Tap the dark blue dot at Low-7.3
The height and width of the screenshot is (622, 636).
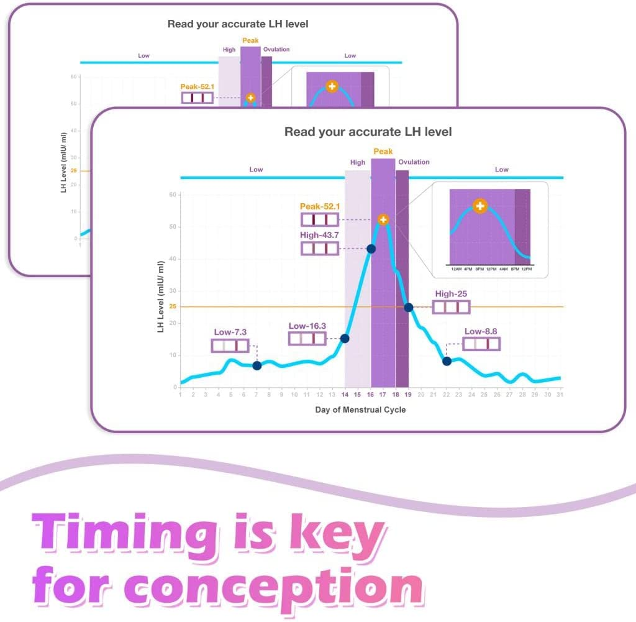tap(257, 365)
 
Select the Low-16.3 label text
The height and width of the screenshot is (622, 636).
tap(307, 326)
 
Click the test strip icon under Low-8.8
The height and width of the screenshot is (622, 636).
tap(481, 344)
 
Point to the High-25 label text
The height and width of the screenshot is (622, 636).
tap(451, 294)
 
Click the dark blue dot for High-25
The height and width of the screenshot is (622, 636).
tap(408, 307)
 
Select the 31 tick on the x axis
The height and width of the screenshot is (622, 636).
tap(560, 395)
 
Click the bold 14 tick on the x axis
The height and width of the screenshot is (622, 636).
tap(345, 395)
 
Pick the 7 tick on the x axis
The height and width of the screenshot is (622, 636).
tap(256, 395)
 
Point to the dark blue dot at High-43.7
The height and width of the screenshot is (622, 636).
tap(371, 249)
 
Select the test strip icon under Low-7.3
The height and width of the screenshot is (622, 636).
tap(230, 346)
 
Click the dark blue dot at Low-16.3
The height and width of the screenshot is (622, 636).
tap(345, 339)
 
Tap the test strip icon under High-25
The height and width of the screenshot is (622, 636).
tap(451, 307)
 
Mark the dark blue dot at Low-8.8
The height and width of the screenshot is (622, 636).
tap(447, 361)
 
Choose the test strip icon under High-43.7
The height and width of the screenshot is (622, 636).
tap(320, 249)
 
